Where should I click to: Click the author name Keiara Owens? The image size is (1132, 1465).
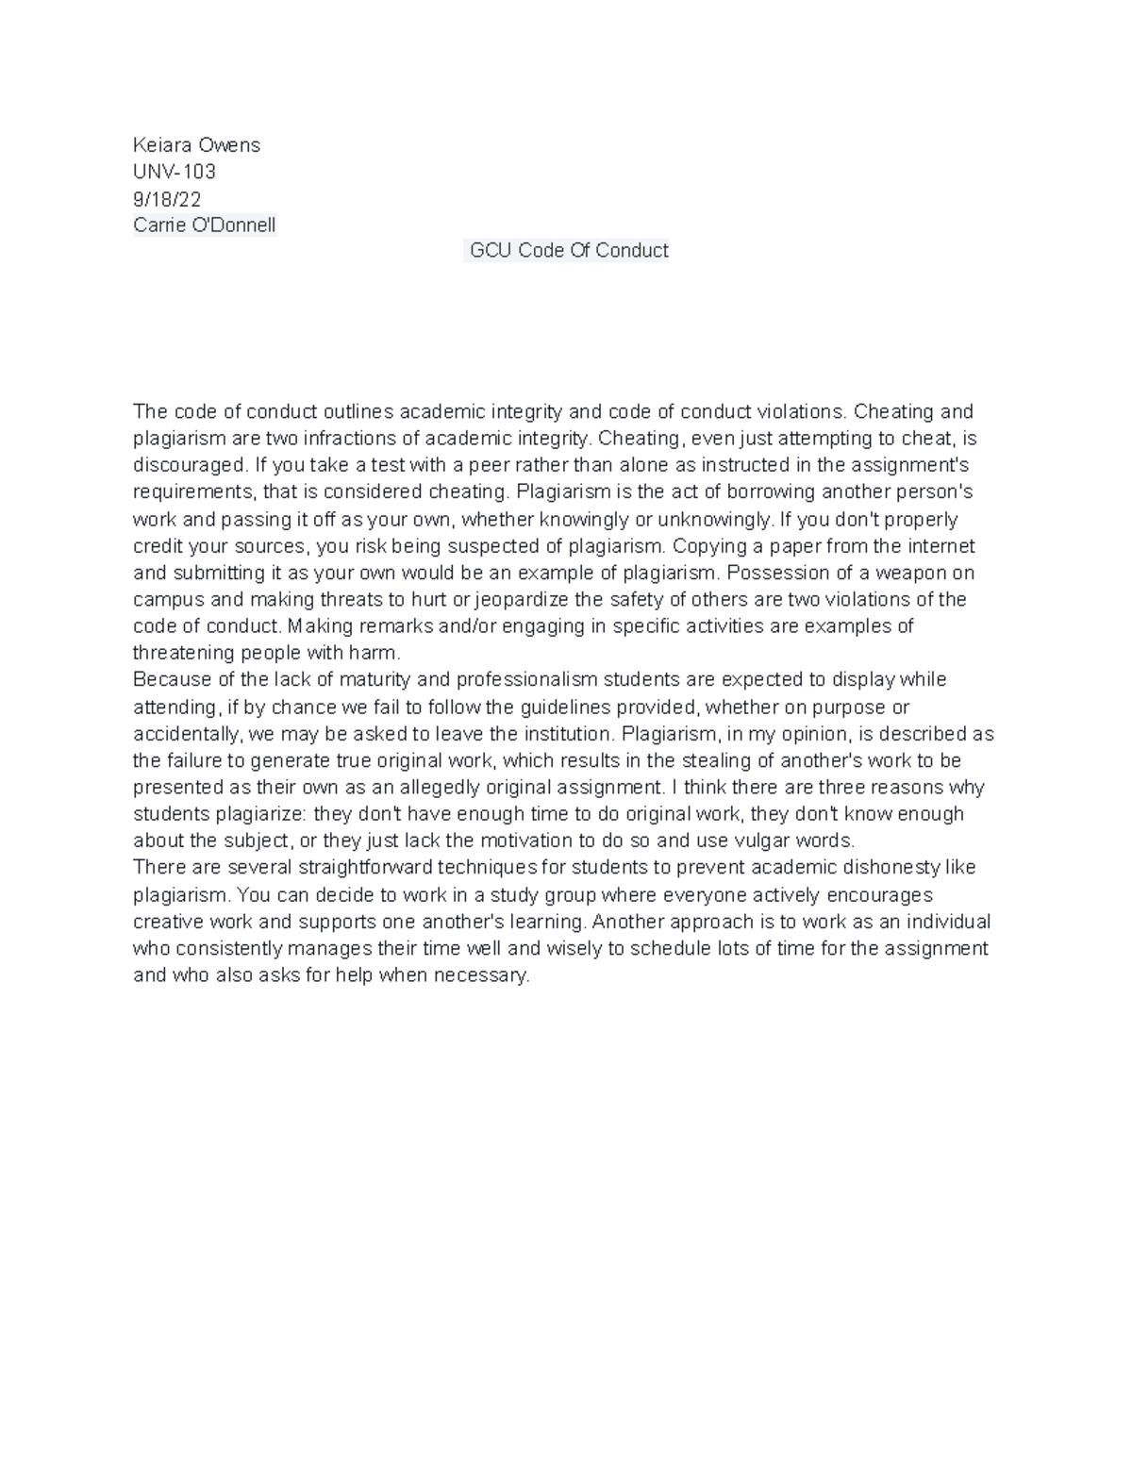tap(196, 145)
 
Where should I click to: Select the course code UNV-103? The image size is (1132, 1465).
tap(175, 172)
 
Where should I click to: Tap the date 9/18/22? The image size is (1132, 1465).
tap(167, 199)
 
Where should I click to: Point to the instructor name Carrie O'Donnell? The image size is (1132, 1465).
tap(205, 225)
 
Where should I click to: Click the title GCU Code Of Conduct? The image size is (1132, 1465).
tap(569, 251)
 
